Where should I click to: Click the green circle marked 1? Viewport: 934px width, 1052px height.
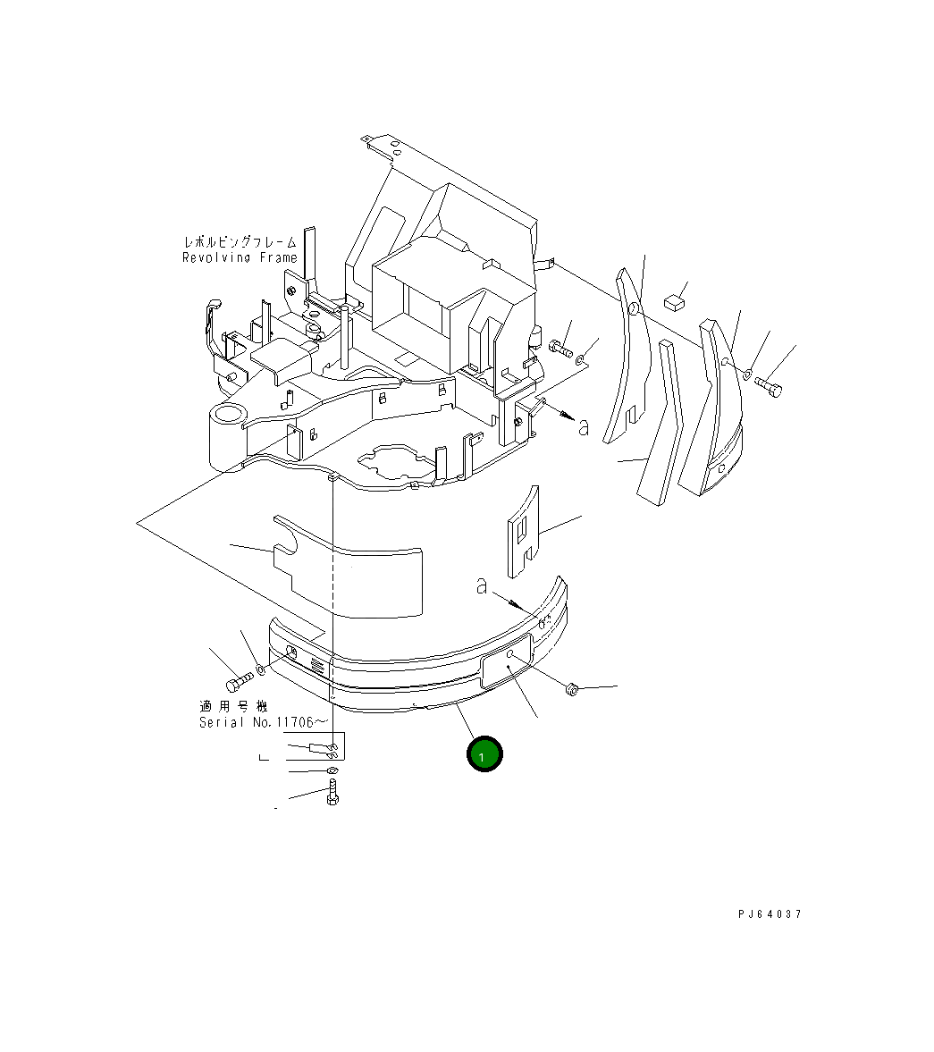point(484,754)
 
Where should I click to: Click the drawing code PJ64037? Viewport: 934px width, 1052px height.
point(770,914)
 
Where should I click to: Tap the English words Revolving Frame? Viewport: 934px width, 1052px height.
point(239,258)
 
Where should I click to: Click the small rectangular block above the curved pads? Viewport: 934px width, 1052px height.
point(674,302)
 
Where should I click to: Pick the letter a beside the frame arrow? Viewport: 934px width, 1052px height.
point(584,427)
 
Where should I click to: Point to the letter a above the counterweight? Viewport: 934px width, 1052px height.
point(482,586)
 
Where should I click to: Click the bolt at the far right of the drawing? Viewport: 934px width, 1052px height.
point(768,387)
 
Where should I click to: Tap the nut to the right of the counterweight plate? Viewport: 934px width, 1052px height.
point(574,690)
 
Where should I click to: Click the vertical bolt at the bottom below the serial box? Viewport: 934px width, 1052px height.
point(332,792)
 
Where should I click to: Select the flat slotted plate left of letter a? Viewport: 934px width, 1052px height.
point(523,532)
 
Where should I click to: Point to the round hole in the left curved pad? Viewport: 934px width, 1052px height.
point(634,310)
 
